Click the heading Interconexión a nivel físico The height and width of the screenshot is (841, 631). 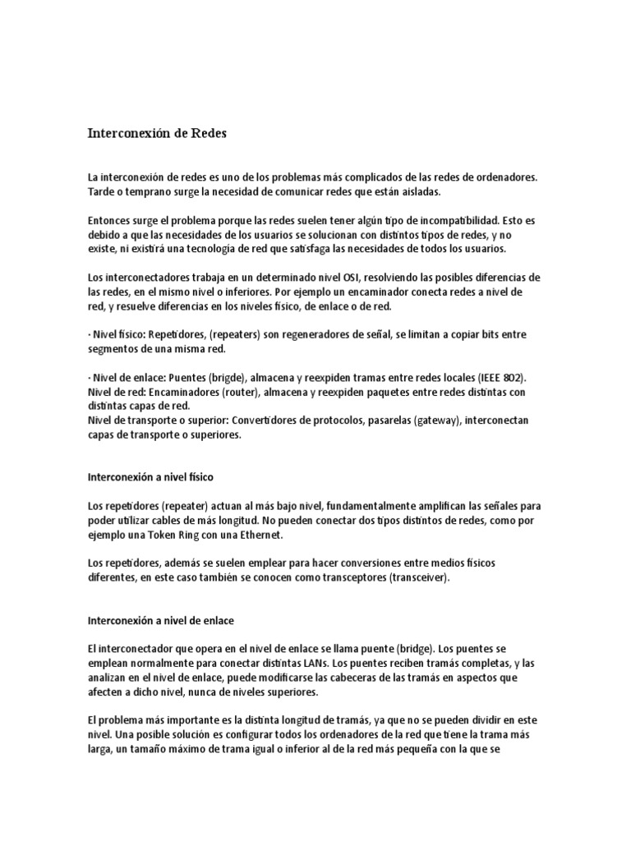(150, 476)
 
